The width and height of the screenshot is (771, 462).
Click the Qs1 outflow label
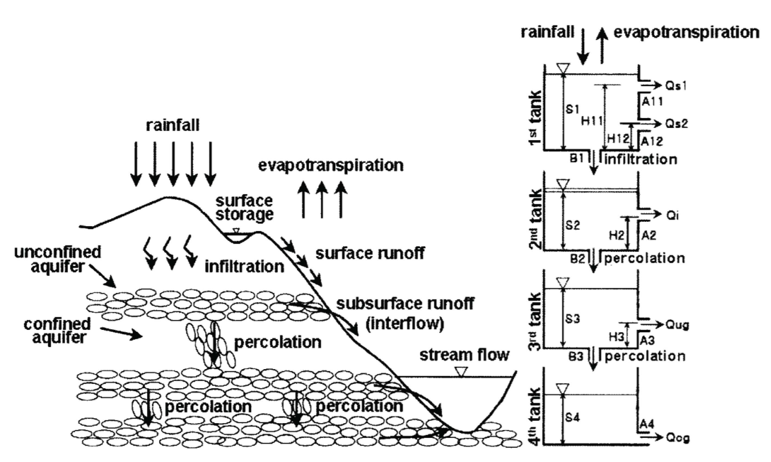pyautogui.click(x=676, y=86)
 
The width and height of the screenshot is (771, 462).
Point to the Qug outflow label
pyautogui.click(x=677, y=325)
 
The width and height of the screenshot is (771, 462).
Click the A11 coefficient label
pyautogui.click(x=652, y=101)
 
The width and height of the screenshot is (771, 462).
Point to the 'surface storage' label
pyautogui.click(x=244, y=208)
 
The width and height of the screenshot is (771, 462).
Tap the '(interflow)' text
pyautogui.click(x=405, y=324)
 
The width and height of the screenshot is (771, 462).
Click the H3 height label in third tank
pyautogui.click(x=616, y=337)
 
